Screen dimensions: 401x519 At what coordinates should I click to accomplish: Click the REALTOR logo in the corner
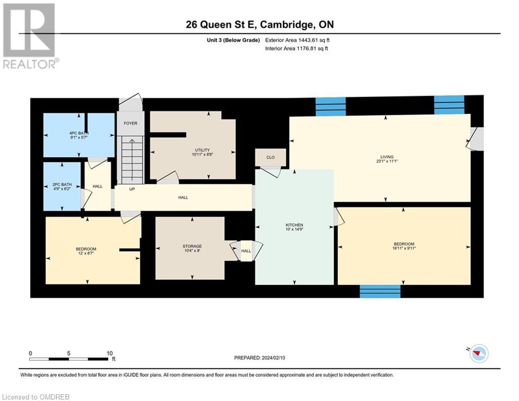coord(29,36)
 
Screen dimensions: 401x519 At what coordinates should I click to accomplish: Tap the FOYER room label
coord(130,123)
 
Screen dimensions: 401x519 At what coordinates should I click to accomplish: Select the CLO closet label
coord(270,157)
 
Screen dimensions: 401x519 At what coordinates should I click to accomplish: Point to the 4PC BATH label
coord(77,133)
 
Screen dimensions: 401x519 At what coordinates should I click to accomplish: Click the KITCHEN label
coord(294,225)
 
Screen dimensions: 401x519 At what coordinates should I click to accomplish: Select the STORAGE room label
coord(192,246)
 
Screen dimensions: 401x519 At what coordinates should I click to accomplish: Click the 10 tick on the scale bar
coord(110,353)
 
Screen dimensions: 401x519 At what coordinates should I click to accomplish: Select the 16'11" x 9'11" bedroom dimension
coord(404,249)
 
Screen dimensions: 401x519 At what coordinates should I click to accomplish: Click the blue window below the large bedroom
coord(380,291)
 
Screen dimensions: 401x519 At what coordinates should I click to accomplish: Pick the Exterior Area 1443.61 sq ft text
coord(297,40)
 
